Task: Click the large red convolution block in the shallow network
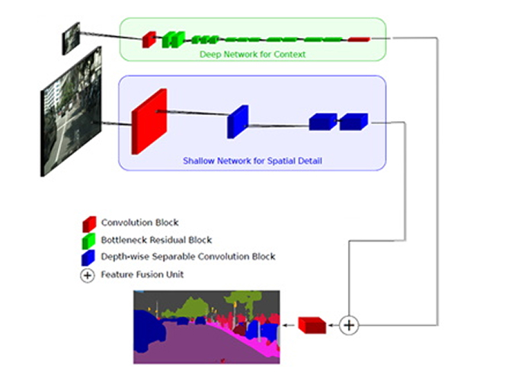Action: (149, 120)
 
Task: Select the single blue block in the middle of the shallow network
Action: (238, 122)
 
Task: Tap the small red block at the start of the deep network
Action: (149, 38)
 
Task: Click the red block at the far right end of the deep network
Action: (359, 38)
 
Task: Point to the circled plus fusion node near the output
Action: (348, 325)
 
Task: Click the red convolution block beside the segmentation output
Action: (312, 325)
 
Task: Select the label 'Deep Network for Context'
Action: (252, 54)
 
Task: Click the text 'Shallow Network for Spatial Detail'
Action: (251, 161)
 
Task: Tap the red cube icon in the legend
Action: (89, 223)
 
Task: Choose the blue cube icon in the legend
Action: (89, 258)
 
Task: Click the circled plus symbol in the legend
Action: (88, 275)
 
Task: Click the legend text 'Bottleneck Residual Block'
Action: (156, 240)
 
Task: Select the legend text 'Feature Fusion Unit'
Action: (142, 274)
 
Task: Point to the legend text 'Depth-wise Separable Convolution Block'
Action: (188, 257)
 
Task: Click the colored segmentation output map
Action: (206, 326)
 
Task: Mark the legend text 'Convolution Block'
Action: (139, 222)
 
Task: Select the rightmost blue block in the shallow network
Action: (353, 121)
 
